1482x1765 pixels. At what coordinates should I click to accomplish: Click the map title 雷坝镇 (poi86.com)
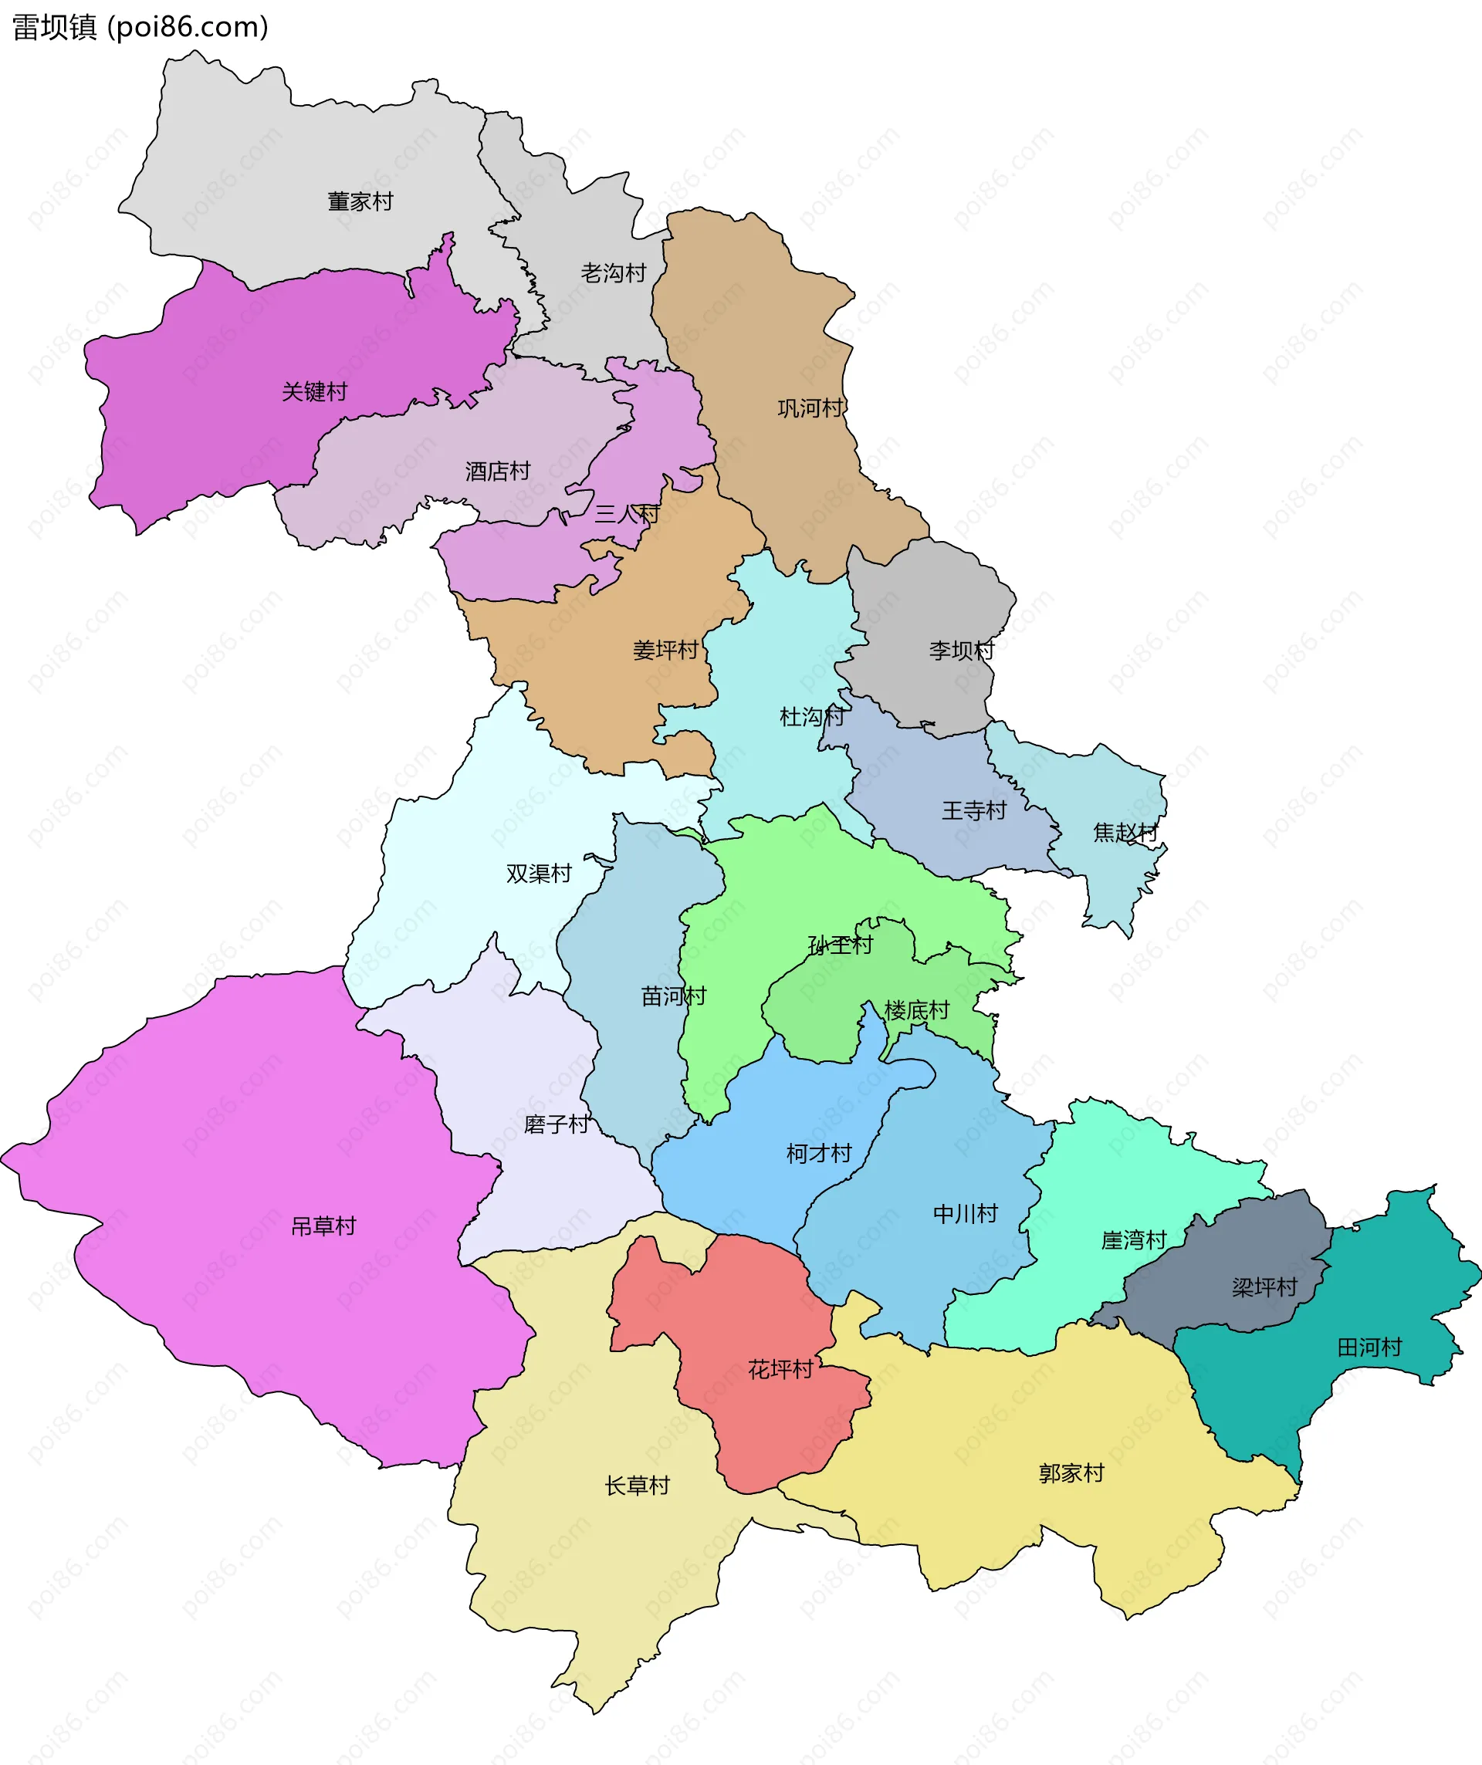tap(140, 27)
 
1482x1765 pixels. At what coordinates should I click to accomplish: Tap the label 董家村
tap(360, 201)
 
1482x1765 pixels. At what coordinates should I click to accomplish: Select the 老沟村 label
tap(613, 273)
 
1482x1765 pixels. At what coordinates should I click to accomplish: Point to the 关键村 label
tap(314, 391)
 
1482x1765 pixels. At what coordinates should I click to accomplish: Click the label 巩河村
tap(810, 408)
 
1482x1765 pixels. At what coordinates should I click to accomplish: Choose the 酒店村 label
tap(498, 472)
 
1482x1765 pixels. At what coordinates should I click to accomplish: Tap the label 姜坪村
tap(665, 651)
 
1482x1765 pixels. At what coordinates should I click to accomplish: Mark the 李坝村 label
tap(961, 651)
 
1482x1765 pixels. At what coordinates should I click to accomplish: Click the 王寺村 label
tap(973, 811)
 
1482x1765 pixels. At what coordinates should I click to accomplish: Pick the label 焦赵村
tap(1125, 833)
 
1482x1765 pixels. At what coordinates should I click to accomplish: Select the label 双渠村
tap(538, 874)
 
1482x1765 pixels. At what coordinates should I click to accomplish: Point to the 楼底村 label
tap(916, 1011)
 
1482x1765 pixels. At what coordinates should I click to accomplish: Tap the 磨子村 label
tap(556, 1124)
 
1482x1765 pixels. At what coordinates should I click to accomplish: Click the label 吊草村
tap(323, 1227)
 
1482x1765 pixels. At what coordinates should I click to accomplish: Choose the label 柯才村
tap(819, 1154)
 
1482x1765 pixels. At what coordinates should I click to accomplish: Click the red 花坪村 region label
tap(780, 1370)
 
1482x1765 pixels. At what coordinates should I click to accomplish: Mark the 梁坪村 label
tap(1264, 1287)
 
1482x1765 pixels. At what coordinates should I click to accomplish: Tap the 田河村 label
tap(1369, 1348)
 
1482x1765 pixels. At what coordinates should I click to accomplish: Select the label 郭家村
tap(1071, 1473)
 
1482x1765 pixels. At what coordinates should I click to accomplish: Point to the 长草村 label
tap(638, 1486)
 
